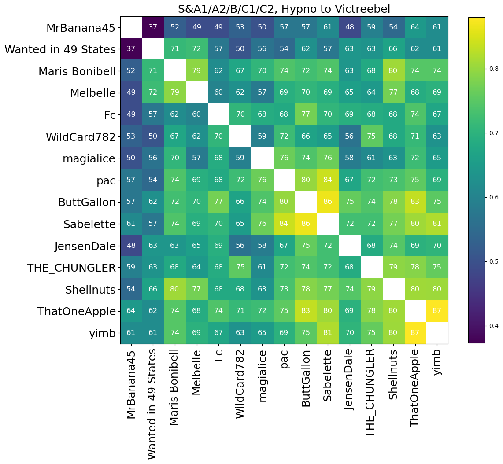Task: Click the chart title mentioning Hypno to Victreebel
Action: click(x=284, y=9)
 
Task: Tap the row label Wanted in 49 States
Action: click(x=60, y=50)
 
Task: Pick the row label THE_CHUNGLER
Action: click(x=71, y=268)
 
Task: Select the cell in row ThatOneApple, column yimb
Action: click(x=436, y=311)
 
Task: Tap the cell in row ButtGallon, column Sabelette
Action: click(x=327, y=203)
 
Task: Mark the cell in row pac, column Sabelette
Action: click(x=327, y=180)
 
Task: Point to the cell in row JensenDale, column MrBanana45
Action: click(x=131, y=246)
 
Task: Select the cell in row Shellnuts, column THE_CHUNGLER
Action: click(x=371, y=289)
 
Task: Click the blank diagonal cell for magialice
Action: click(x=262, y=159)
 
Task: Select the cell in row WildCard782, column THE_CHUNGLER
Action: click(x=371, y=137)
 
